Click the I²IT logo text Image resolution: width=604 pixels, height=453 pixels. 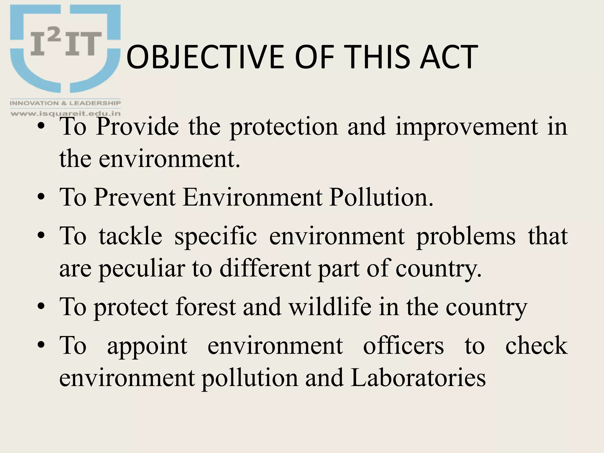coord(66,44)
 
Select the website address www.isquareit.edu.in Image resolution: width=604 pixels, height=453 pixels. coord(65,113)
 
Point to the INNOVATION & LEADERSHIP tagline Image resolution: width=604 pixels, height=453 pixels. coord(65,103)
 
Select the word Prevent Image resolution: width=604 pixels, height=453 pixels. coord(135,197)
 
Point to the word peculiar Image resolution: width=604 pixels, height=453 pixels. coord(142,268)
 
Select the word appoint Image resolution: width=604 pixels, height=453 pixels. coord(147,346)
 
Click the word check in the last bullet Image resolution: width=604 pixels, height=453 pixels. coord(536,346)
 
